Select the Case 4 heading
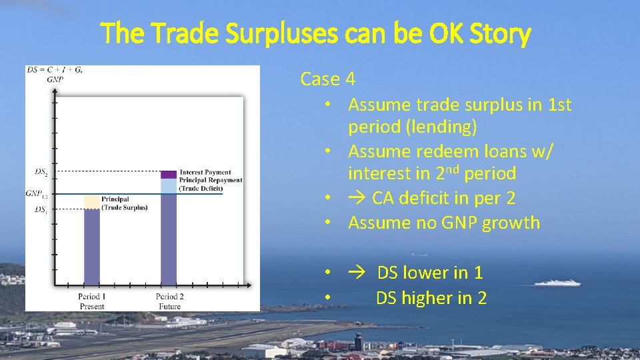pyautogui.click(x=327, y=79)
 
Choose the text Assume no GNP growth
pyautogui.click(x=443, y=223)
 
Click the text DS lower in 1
pyautogui.click(x=430, y=273)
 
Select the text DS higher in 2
pyautogui.click(x=431, y=298)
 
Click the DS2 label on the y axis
pyautogui.click(x=41, y=172)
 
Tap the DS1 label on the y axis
pyautogui.click(x=40, y=209)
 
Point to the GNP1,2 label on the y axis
pyautogui.click(x=37, y=193)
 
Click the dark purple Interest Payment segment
pyautogui.click(x=169, y=175)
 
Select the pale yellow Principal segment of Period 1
pyautogui.click(x=91, y=202)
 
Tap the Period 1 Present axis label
pyautogui.click(x=91, y=301)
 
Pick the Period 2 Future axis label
pyautogui.click(x=169, y=301)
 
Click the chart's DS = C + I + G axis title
pyautogui.click(x=55, y=70)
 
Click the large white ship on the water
pyautogui.click(x=557, y=283)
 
